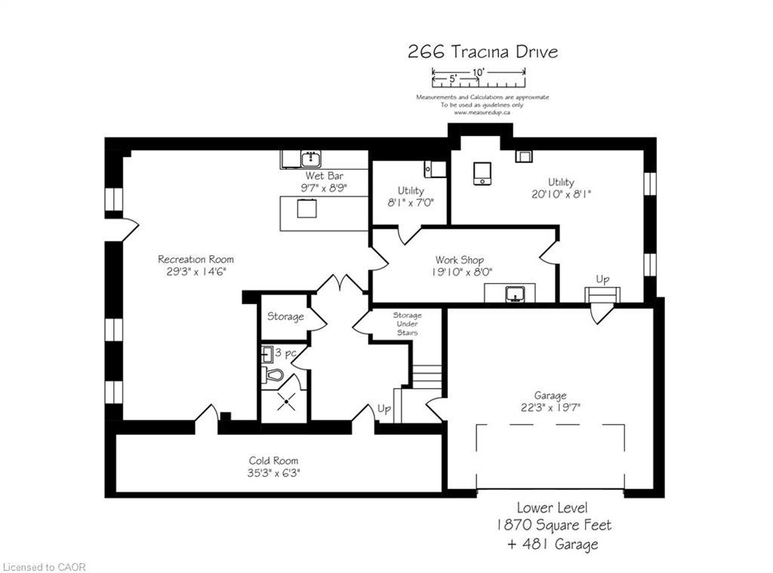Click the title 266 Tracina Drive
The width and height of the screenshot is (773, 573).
(482, 51)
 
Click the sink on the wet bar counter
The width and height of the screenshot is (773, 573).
(310, 159)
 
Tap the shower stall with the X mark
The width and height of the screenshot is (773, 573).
(285, 402)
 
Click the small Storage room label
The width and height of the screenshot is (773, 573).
(285, 316)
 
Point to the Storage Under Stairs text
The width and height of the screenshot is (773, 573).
(406, 323)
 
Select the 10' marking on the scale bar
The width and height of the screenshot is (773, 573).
(478, 72)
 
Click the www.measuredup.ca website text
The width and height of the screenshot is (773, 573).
(482, 112)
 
